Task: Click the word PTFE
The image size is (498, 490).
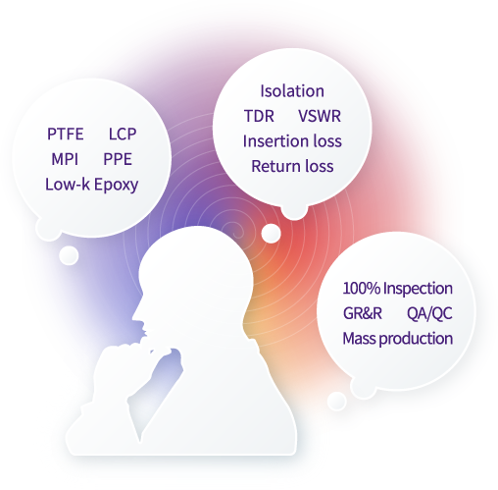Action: coord(66,134)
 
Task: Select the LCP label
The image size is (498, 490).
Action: coord(123,134)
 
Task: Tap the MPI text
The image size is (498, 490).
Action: coord(65,159)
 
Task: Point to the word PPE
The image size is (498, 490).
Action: coord(118,159)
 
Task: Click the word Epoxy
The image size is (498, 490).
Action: coord(117,186)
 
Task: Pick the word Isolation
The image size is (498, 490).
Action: coord(292,91)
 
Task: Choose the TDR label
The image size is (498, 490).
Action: coord(259,116)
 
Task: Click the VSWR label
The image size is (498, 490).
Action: coord(320,116)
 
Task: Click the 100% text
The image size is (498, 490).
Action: coord(362,289)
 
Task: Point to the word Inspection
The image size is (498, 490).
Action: coord(418,290)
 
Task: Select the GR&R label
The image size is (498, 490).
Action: coord(363,313)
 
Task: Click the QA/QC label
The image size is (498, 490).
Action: coord(429,313)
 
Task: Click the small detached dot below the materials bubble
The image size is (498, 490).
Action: coord(69,255)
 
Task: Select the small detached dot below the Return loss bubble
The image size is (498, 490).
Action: coord(271,234)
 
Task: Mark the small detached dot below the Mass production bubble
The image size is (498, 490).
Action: coord(337,401)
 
